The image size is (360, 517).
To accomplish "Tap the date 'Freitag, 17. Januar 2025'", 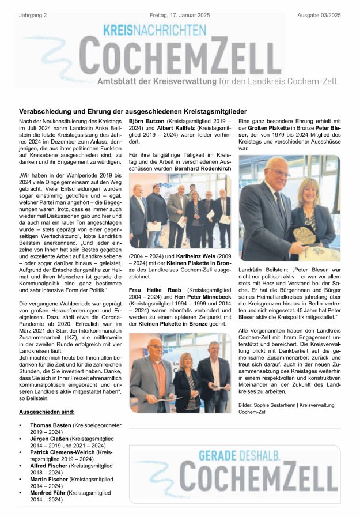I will [x=180, y=6].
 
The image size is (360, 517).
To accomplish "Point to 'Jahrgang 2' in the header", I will [x=32, y=6].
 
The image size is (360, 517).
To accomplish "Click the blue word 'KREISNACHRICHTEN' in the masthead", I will [x=154, y=28].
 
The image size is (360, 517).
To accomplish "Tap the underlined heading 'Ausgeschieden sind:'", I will [x=47, y=413].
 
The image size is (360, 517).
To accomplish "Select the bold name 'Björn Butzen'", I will [x=146, y=122].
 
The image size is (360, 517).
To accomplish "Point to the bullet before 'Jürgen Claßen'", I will [x=21, y=439].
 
